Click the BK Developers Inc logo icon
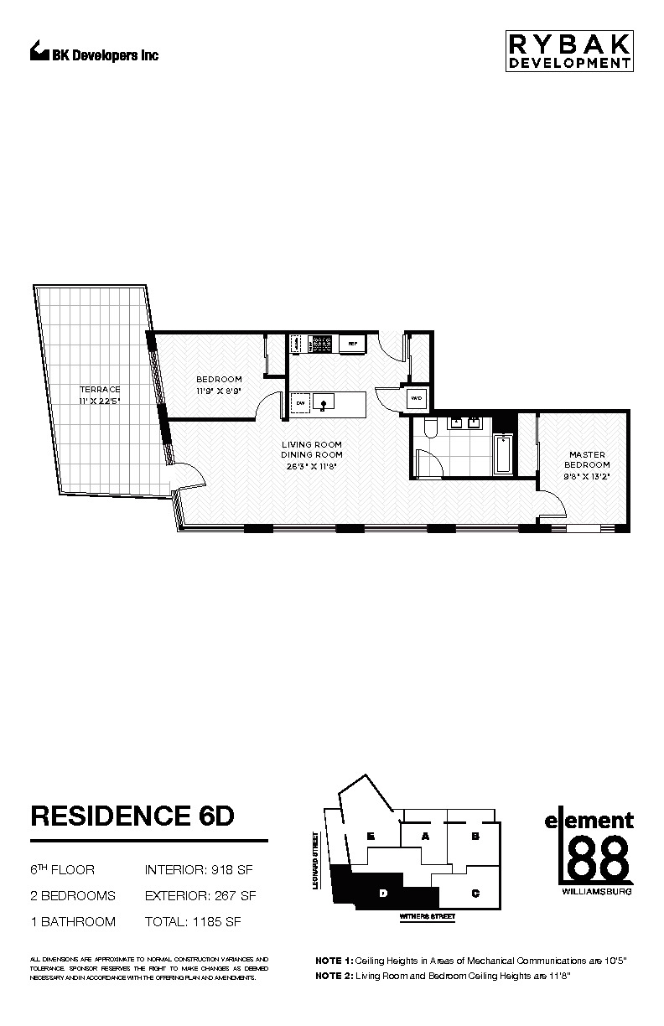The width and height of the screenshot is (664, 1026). click(x=39, y=52)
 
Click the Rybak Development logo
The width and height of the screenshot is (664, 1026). click(x=568, y=51)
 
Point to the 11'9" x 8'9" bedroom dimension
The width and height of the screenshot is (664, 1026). click(x=219, y=391)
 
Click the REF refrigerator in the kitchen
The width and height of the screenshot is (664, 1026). click(x=352, y=344)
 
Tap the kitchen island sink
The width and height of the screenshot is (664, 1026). click(x=324, y=403)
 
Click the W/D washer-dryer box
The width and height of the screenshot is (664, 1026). click(x=416, y=400)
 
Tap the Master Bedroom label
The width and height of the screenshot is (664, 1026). click(x=587, y=459)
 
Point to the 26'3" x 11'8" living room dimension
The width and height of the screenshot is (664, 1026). click(x=311, y=467)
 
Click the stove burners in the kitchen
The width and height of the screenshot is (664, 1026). click(x=321, y=343)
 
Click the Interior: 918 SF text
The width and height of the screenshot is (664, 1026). click(x=200, y=870)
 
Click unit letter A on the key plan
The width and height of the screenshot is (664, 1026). click(x=425, y=837)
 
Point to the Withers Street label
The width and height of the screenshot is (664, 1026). click(x=428, y=917)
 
